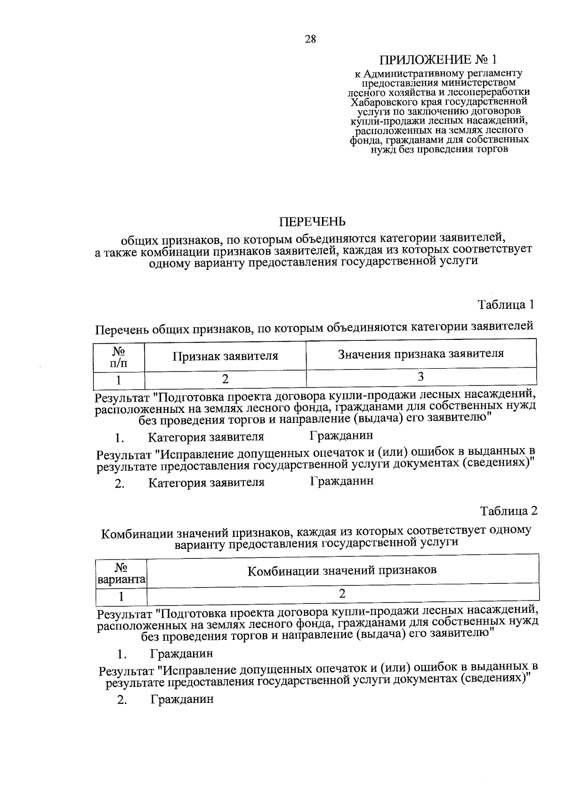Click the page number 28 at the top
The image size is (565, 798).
(x=310, y=40)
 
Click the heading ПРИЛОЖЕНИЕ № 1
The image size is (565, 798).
(x=438, y=60)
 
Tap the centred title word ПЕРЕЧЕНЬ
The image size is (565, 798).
(x=313, y=221)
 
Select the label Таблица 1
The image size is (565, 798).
(x=507, y=305)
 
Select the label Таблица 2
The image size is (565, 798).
(x=508, y=511)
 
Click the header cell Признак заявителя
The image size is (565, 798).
(x=225, y=356)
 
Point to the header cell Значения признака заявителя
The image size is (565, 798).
(x=421, y=354)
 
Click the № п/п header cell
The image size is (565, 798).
(x=119, y=357)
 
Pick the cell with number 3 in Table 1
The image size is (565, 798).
(x=421, y=377)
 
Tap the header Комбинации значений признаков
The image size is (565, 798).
(x=342, y=571)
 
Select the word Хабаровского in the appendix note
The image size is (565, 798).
(x=378, y=101)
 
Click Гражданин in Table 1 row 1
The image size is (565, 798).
(x=341, y=436)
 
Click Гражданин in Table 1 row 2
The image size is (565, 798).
(x=342, y=481)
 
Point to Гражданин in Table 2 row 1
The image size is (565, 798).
(x=181, y=653)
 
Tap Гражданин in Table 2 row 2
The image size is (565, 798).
(x=182, y=699)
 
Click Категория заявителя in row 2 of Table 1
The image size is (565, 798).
(x=206, y=483)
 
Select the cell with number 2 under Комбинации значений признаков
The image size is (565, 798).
(x=342, y=593)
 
